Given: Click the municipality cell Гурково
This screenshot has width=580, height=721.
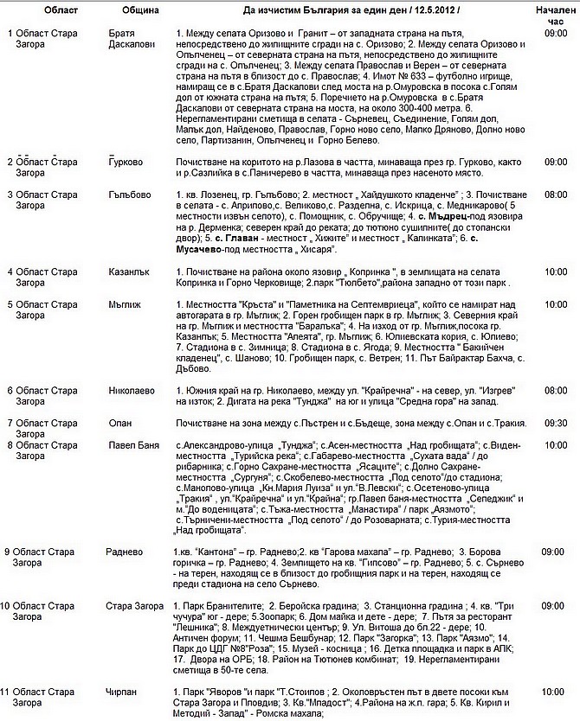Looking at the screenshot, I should (x=126, y=163).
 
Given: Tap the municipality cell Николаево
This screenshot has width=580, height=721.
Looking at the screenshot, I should (x=132, y=390).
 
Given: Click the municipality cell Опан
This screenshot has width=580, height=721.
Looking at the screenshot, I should (x=120, y=423).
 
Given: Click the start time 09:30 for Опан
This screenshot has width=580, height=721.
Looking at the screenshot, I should (x=556, y=423).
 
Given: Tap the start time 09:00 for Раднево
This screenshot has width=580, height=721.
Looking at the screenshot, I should (x=556, y=552).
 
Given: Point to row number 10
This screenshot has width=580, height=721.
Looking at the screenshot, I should (x=8, y=606).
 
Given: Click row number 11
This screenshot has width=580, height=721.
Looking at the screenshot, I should (x=8, y=692).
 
